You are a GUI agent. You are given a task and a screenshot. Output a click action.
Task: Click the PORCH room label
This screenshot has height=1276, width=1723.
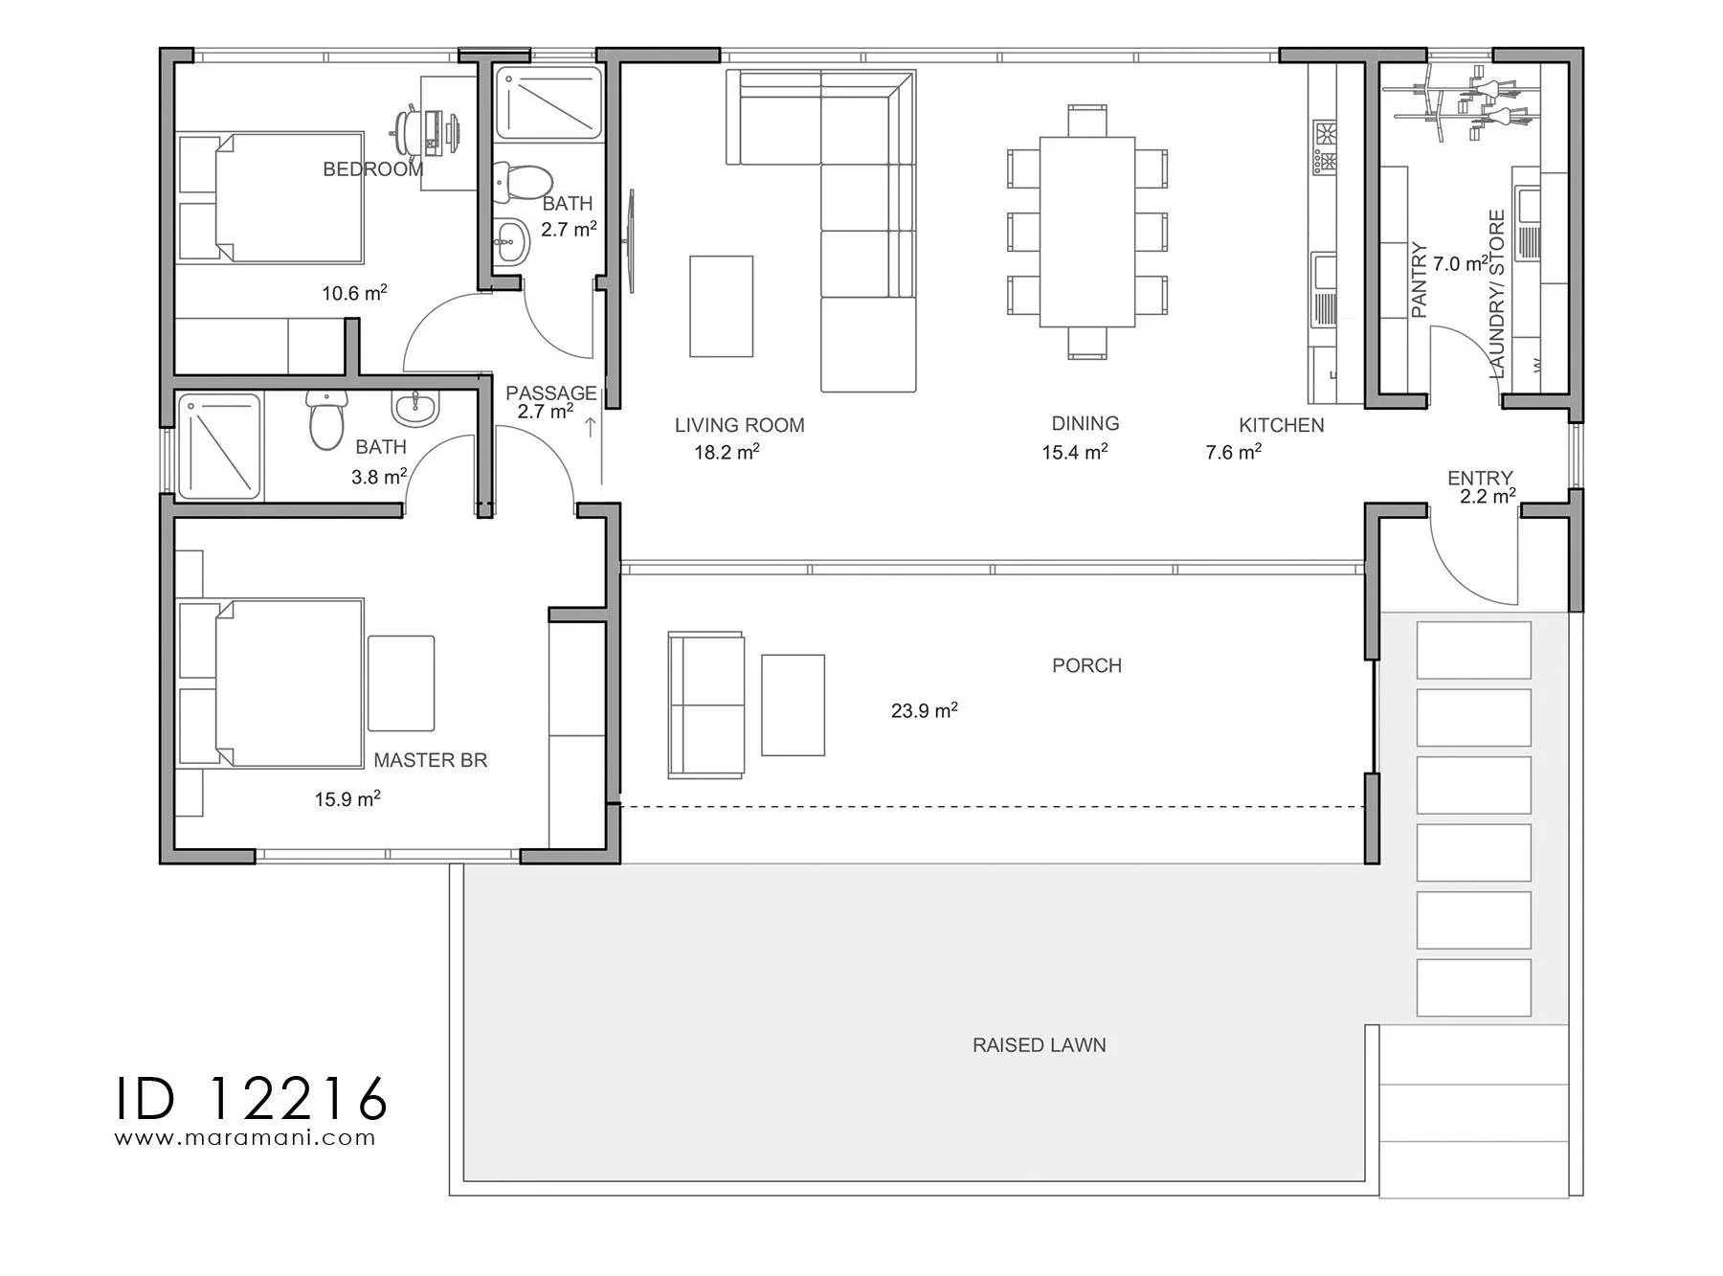[x=1086, y=665]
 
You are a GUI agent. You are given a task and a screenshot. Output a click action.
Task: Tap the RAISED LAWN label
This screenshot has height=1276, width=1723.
[x=1040, y=1045]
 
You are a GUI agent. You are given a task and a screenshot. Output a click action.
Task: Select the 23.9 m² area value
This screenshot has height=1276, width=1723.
[x=925, y=710]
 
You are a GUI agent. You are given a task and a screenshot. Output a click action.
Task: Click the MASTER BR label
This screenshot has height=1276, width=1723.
[x=430, y=760]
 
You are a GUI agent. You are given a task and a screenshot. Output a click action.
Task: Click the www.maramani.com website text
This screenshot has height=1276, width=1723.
[x=245, y=1138]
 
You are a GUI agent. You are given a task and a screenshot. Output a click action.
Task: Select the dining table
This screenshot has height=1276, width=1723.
[x=1087, y=232]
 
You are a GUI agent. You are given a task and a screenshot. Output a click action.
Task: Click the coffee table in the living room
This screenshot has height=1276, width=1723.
[x=721, y=305]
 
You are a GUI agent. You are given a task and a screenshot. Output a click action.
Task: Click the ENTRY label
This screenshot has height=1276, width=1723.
[x=1480, y=478]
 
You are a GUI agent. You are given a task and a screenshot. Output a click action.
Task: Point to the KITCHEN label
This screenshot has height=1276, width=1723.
[x=1282, y=425]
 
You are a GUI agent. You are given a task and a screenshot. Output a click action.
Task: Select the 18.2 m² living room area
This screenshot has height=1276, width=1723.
[x=727, y=452]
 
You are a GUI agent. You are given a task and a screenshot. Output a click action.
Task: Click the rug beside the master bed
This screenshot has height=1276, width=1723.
[x=401, y=683]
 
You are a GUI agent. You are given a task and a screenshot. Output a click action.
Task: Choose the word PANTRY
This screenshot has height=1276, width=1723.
[x=1420, y=280]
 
